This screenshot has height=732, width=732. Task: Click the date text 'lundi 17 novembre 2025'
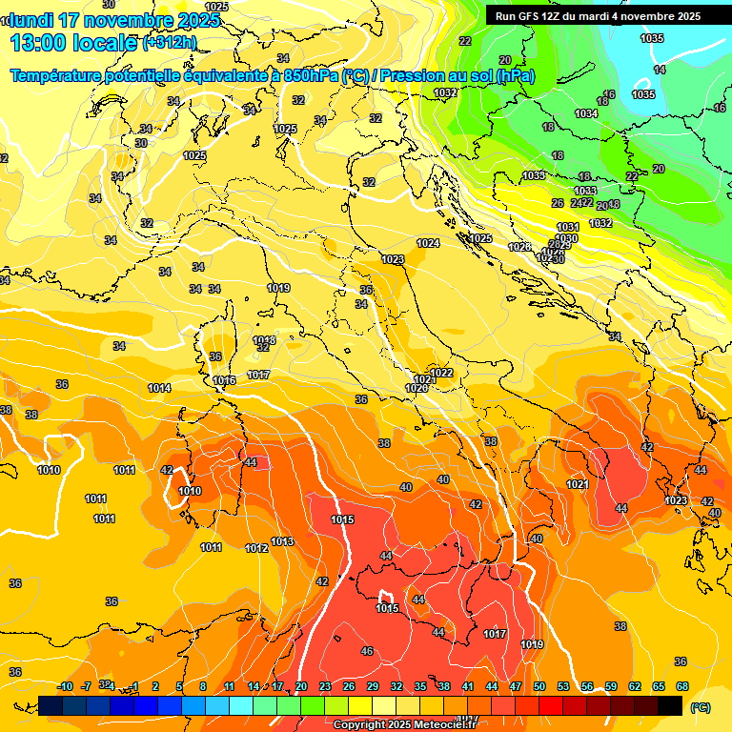click(x=115, y=20)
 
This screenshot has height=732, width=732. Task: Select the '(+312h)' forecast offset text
click(x=169, y=42)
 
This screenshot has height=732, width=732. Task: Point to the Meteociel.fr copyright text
click(x=404, y=725)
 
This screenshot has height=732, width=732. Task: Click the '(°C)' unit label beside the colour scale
click(x=700, y=707)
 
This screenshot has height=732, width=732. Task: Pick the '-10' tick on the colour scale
click(x=65, y=686)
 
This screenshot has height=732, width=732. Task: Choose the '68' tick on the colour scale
click(x=682, y=686)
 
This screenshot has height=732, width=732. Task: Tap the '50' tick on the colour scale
click(x=539, y=686)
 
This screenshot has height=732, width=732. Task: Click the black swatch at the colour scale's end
click(x=670, y=705)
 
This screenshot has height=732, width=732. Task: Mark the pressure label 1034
click(x=586, y=113)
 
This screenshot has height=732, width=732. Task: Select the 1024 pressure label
click(x=428, y=243)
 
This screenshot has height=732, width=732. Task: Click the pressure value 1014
click(x=159, y=388)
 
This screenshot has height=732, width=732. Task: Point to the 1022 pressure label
click(x=441, y=373)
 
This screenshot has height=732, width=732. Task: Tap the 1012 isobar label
click(x=256, y=548)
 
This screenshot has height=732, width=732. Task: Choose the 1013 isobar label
click(x=282, y=541)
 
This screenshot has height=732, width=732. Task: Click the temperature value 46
click(x=367, y=651)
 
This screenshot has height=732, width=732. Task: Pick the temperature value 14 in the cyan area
click(x=660, y=70)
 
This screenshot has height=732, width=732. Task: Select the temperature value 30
click(x=141, y=143)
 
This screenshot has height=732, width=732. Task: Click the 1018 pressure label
click(x=265, y=340)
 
